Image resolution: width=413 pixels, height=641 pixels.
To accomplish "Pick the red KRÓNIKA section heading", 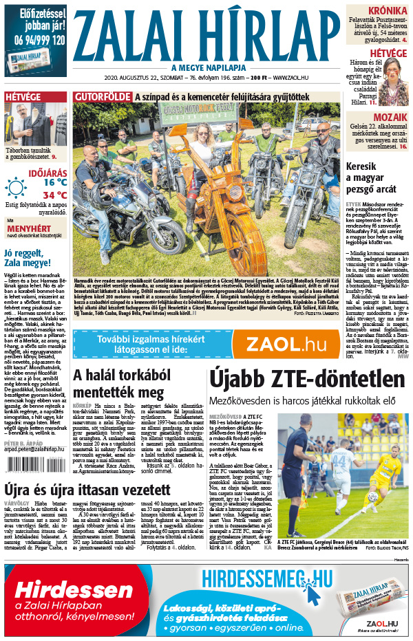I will (x=387, y=12).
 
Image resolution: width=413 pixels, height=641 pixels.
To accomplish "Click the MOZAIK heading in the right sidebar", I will (x=390, y=117).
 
